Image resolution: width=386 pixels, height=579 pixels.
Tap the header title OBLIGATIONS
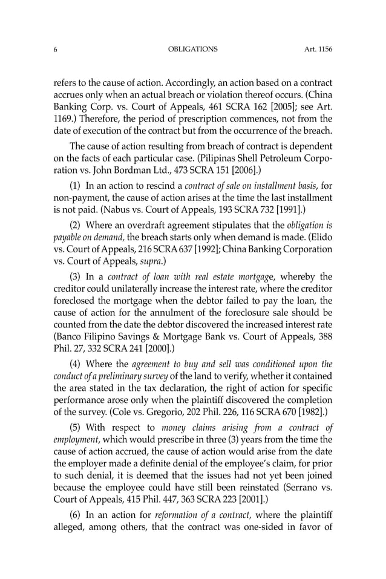click(192, 49)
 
